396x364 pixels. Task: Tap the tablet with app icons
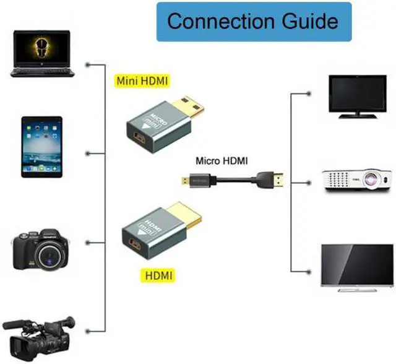click(42, 146)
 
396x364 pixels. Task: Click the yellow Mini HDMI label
click(142, 80)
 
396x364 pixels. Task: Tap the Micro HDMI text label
click(222, 161)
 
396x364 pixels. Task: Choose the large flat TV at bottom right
click(356, 266)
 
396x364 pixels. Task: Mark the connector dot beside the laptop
click(89, 64)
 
